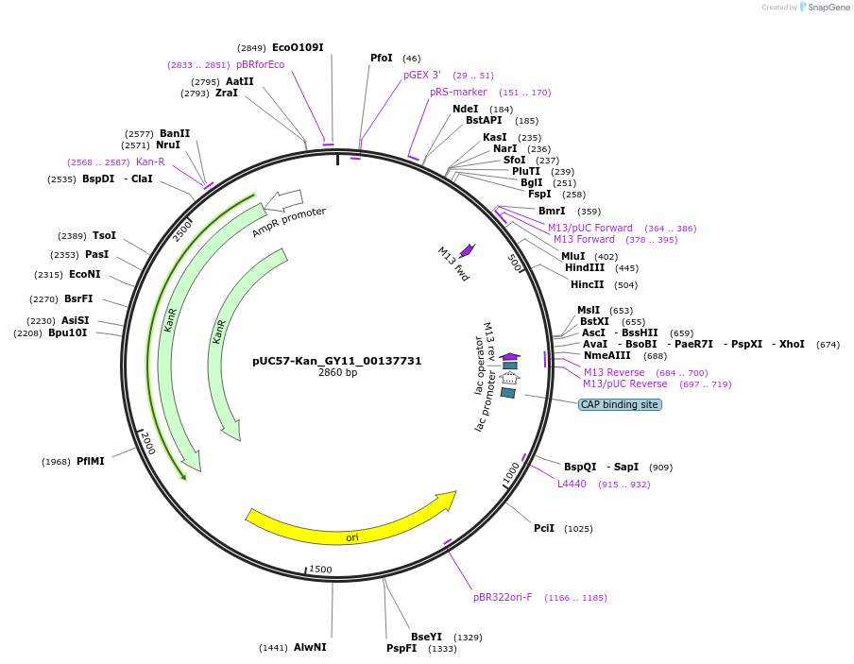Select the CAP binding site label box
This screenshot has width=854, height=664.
click(620, 404)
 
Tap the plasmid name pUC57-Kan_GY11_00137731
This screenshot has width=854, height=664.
click(336, 361)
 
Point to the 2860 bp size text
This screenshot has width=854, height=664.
click(337, 373)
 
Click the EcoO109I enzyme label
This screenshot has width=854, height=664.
click(298, 47)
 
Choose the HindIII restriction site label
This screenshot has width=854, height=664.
click(585, 268)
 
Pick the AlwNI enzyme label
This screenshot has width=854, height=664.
click(310, 648)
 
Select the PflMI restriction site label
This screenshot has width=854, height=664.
click(91, 462)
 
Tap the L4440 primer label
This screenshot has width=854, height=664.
click(572, 485)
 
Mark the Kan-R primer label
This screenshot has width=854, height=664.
click(150, 162)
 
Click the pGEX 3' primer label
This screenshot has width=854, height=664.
click(422, 75)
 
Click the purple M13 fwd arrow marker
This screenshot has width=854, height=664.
click(467, 249)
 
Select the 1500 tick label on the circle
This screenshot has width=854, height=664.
click(321, 570)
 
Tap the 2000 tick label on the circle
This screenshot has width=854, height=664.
click(147, 444)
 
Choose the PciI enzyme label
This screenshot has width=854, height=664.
click(544, 529)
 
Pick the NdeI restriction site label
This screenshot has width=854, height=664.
click(465, 109)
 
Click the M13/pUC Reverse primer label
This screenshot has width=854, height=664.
click(624, 384)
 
